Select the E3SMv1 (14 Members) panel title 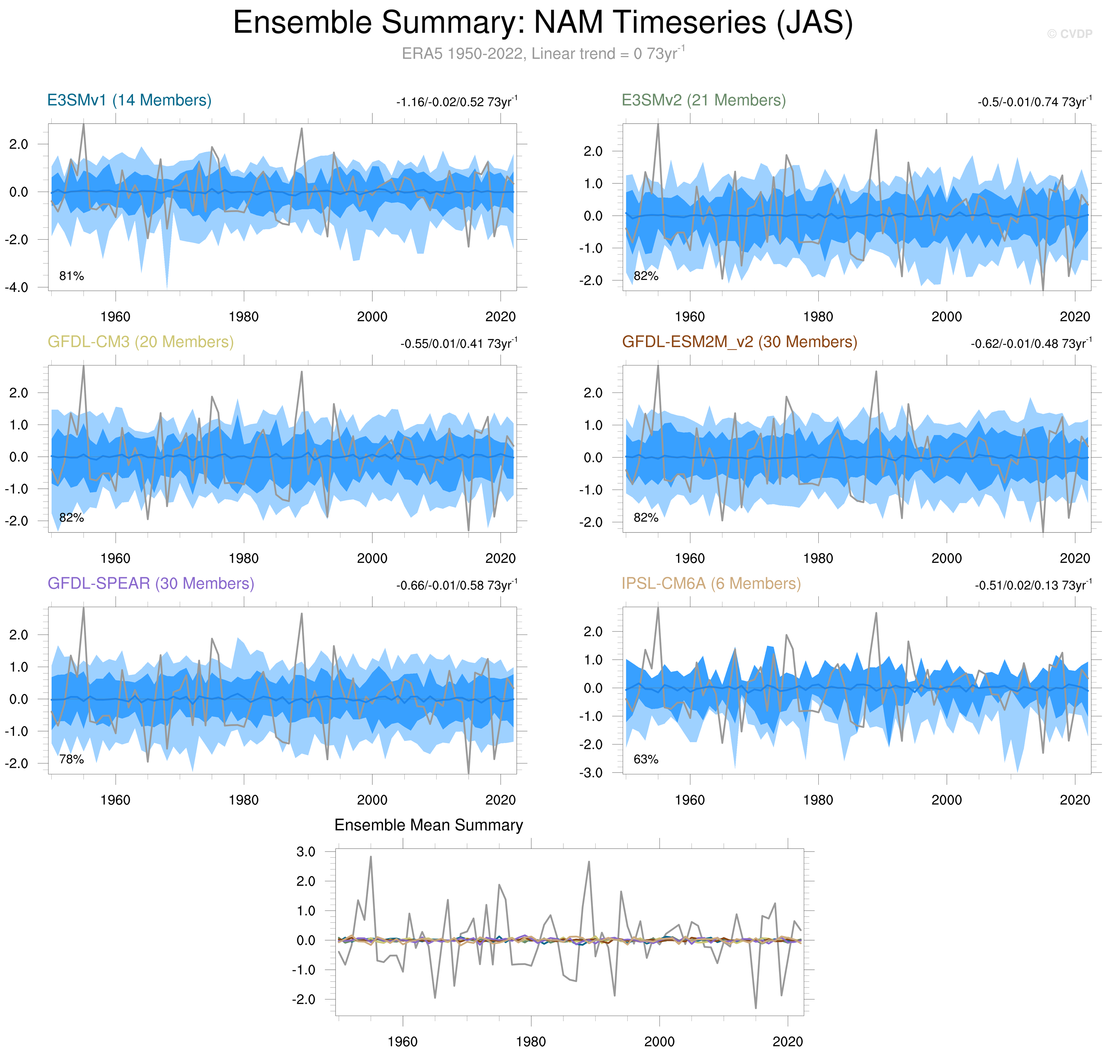129,100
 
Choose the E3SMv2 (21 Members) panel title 703,100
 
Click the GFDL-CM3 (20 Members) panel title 140,342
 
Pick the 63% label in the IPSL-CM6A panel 645,759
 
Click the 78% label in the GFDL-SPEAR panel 71,759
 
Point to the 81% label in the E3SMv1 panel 71,276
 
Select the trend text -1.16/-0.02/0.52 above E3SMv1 456,102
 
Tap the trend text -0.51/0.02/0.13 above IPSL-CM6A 1033,585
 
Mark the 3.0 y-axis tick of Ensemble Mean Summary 306,852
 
